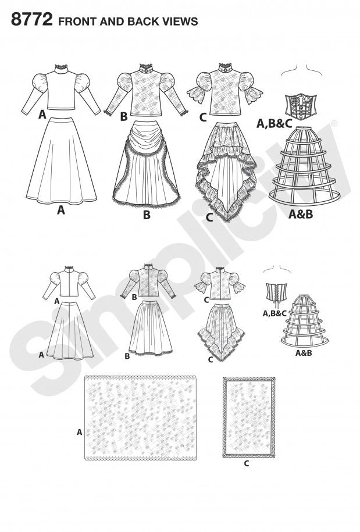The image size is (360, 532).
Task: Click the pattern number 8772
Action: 32,19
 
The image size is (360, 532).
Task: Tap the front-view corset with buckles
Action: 301,106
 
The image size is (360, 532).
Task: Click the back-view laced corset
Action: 275,295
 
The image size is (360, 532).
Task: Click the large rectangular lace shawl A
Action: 140,417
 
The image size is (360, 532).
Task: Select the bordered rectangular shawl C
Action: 249,417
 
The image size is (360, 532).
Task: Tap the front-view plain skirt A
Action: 62,160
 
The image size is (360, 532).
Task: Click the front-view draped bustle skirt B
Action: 146,163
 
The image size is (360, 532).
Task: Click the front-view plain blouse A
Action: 61,89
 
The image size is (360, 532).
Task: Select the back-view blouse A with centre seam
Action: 69,281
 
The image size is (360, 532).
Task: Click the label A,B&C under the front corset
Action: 274,124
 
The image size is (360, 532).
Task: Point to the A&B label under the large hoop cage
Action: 301,214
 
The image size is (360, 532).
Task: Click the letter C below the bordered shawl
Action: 247,463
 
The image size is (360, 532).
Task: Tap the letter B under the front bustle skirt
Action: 147,215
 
